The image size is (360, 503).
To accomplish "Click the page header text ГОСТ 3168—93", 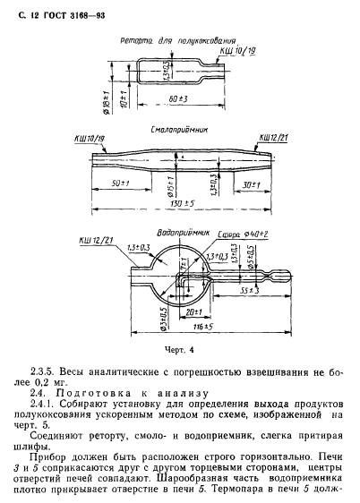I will coord(62,11).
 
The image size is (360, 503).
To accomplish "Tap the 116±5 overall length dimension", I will coord(186,331).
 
